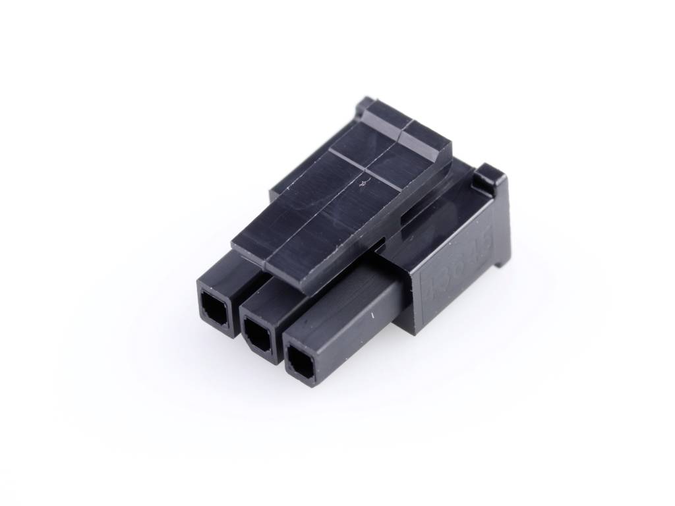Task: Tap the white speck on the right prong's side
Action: [374, 320]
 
